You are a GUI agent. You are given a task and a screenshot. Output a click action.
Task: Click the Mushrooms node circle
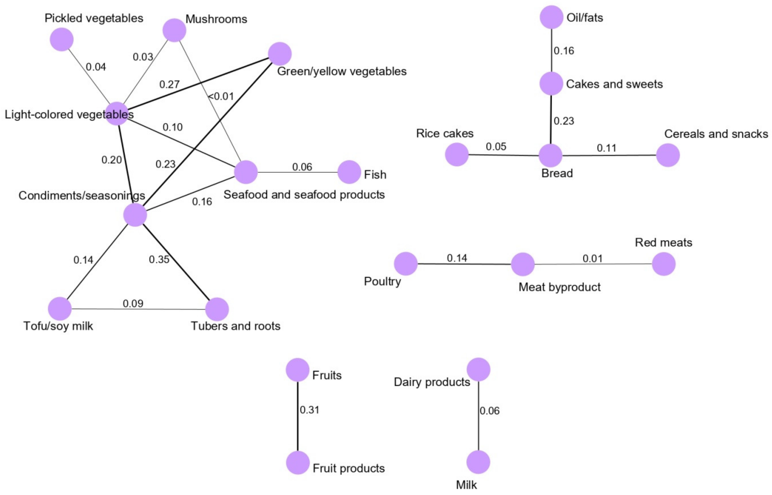click(174, 30)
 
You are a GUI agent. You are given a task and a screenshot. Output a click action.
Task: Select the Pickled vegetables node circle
click(62, 39)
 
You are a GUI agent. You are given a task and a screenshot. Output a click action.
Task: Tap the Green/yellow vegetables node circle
click(280, 54)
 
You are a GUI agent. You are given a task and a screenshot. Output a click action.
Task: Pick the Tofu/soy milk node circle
click(60, 309)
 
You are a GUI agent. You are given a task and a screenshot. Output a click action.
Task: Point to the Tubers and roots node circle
click(217, 309)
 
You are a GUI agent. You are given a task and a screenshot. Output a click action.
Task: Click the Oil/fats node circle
click(551, 17)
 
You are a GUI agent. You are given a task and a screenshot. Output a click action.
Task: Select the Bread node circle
click(551, 156)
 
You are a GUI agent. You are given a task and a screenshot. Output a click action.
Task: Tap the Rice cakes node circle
click(457, 155)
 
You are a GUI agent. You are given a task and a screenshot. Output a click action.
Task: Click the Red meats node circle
click(664, 264)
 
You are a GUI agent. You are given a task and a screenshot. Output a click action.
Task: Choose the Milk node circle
click(478, 462)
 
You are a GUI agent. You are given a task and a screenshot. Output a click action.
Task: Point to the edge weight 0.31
click(309, 410)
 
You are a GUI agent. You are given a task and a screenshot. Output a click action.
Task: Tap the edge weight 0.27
click(169, 84)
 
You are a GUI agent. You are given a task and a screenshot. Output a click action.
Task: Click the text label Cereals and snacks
click(716, 134)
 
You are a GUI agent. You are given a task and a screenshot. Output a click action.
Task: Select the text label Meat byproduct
click(560, 287)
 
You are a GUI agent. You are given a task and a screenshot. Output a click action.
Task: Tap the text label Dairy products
click(432, 382)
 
